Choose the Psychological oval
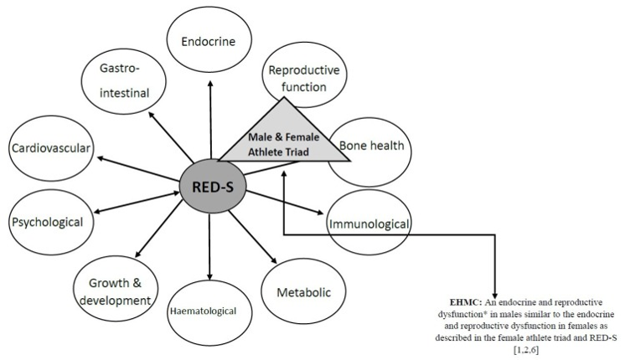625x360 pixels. pyautogui.click(x=47, y=222)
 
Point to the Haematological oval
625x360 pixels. pyautogui.click(x=209, y=311)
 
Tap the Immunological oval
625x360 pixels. pyautogui.click(x=369, y=224)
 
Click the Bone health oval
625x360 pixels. pyautogui.click(x=370, y=147)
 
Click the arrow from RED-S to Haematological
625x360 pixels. pyautogui.click(x=209, y=242)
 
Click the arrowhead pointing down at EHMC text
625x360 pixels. pyautogui.click(x=495, y=290)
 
